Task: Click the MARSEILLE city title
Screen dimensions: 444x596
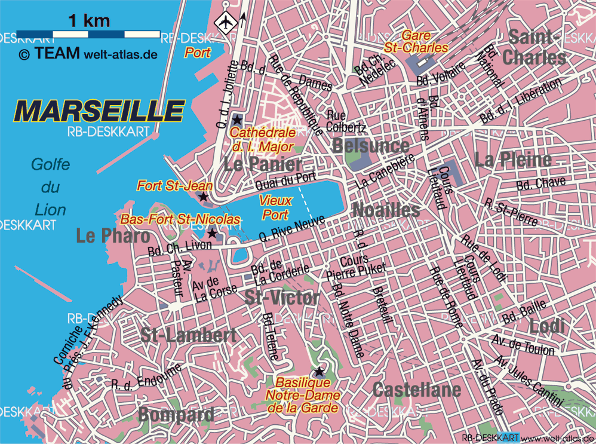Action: coord(99,111)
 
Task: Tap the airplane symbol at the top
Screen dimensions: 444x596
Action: coord(226,23)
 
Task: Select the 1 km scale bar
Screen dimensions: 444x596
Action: coord(88,33)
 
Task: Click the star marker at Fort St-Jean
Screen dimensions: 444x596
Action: coord(203,196)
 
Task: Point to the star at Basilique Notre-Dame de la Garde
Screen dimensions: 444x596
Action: coord(319,371)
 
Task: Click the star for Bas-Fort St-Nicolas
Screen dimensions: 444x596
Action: coord(212,232)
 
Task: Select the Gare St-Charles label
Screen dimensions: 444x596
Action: coord(425,41)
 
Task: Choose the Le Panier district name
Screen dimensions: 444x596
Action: coord(263,164)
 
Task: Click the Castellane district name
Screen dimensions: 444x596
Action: coord(417,390)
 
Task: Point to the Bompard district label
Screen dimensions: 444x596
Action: coord(176,414)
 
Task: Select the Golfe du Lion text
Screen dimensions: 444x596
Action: coord(50,187)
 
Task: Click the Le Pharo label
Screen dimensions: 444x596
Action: coord(113,236)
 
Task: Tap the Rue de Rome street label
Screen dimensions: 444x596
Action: coord(446,297)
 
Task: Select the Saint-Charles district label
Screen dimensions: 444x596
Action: coord(534,48)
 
